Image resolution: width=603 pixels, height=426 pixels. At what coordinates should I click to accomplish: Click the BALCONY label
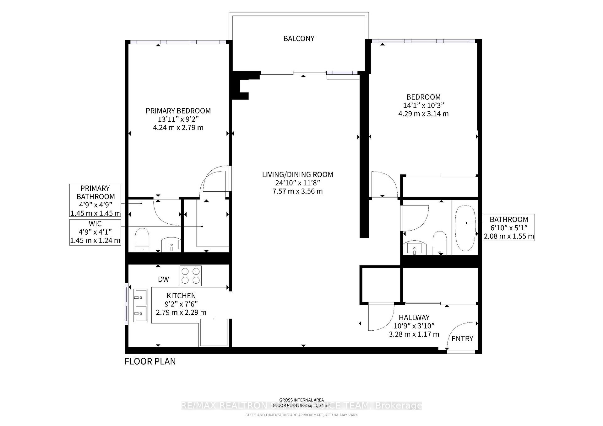pyautogui.click(x=299, y=39)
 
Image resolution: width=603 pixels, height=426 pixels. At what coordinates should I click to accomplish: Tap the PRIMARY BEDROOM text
pyautogui.click(x=178, y=111)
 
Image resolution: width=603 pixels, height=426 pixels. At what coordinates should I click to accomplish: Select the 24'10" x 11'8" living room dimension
pyautogui.click(x=297, y=183)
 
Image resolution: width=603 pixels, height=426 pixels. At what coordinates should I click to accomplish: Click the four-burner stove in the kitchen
pyautogui.click(x=190, y=275)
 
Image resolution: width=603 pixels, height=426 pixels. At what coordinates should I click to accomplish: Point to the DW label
pyautogui.click(x=163, y=279)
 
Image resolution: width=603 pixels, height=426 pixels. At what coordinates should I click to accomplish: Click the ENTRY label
pyautogui.click(x=462, y=338)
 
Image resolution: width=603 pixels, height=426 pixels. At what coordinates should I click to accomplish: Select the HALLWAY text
pyautogui.click(x=414, y=317)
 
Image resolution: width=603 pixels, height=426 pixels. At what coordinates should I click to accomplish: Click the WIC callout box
pyautogui.click(x=95, y=232)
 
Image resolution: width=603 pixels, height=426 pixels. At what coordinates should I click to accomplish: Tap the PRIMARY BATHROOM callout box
pyautogui.click(x=95, y=200)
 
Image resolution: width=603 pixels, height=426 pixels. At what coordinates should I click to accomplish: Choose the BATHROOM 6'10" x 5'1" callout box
pyautogui.click(x=508, y=227)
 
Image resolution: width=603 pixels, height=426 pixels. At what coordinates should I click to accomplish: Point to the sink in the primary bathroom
pyautogui.click(x=171, y=244)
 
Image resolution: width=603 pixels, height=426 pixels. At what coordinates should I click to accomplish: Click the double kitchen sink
pyautogui.click(x=140, y=305)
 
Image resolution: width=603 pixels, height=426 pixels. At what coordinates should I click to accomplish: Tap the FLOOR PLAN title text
pyautogui.click(x=150, y=361)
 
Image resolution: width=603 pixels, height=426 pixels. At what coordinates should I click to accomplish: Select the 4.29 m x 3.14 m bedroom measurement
pyautogui.click(x=423, y=114)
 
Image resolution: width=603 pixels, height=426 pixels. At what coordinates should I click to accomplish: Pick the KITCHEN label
pyautogui.click(x=181, y=296)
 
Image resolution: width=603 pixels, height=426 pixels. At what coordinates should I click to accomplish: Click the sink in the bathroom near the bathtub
pyautogui.click(x=415, y=248)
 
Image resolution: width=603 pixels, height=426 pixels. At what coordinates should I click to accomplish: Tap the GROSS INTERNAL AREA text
pyautogui.click(x=301, y=400)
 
